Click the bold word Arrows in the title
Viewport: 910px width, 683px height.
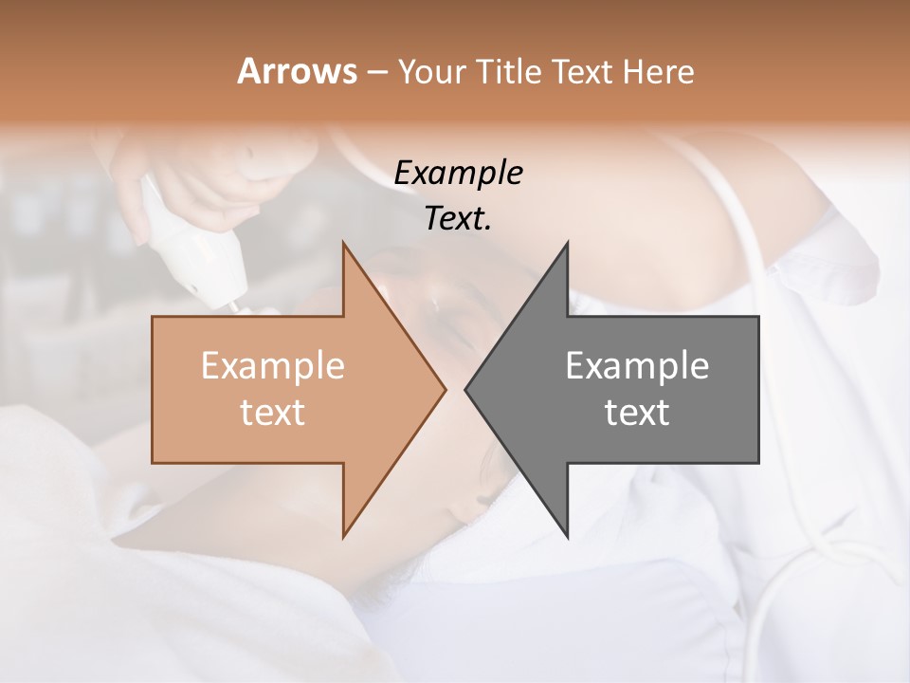pos(296,71)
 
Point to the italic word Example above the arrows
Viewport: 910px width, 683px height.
pos(458,173)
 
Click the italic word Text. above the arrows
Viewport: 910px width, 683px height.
pos(458,218)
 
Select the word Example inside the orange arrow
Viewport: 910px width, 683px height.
pos(273,365)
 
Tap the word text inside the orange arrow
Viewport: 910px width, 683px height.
pos(273,413)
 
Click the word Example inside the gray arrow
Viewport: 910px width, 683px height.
pos(637,365)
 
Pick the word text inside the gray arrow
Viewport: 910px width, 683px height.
pos(637,413)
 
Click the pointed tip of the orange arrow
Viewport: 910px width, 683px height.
pos(444,389)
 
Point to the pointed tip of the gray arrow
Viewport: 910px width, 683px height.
pos(466,389)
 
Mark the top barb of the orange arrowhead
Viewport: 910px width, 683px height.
pos(344,245)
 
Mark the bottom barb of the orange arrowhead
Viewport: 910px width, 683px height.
pos(344,535)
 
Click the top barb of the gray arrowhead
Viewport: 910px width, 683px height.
pos(567,245)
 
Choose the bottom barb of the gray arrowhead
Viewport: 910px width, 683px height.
pos(567,535)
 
